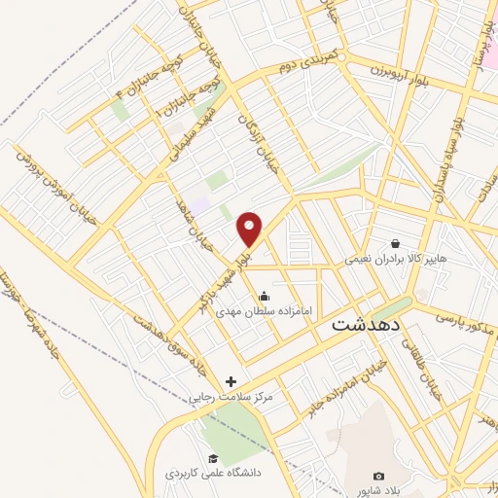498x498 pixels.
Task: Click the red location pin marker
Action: point(250,229)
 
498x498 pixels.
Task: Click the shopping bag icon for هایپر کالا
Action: point(395,243)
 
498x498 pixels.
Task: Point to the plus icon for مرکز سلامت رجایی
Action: point(231,381)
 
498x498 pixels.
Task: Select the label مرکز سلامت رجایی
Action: point(230,399)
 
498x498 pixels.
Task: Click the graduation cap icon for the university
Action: point(211,458)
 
